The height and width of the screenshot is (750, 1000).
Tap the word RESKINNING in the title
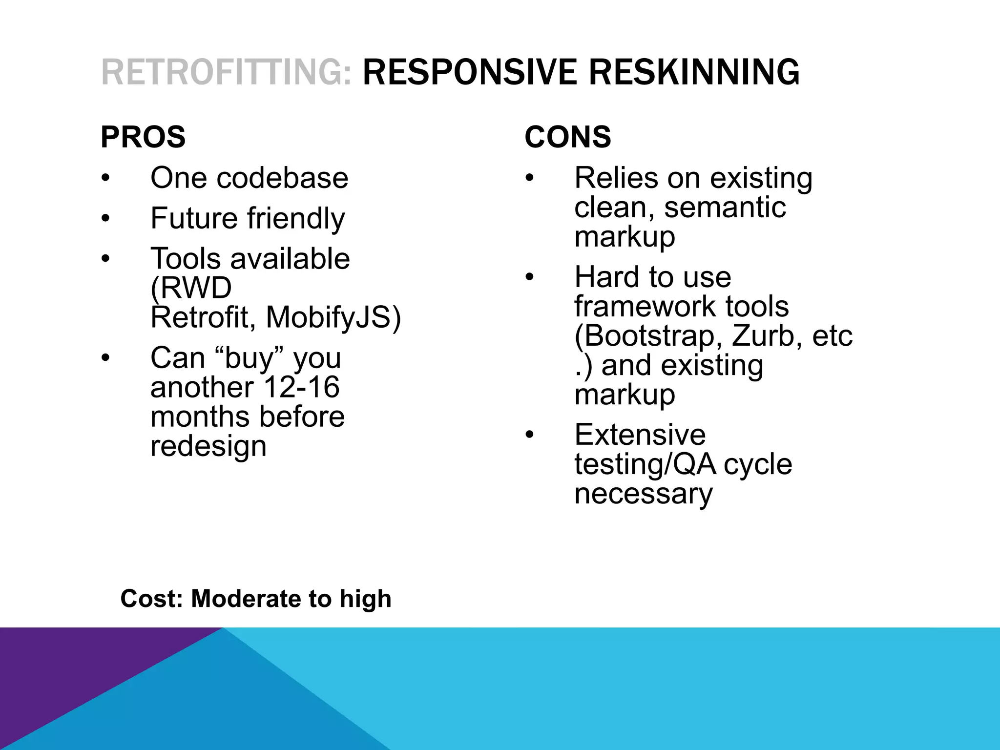(694, 72)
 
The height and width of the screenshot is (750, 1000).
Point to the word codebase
(282, 178)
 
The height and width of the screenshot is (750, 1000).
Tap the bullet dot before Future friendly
(106, 218)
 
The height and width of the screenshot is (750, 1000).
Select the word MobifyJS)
(333, 317)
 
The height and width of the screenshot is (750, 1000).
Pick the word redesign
(208, 446)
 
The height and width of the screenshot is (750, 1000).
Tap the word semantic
(725, 208)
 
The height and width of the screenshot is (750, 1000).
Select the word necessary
(643, 494)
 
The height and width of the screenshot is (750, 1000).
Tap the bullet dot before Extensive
(530, 435)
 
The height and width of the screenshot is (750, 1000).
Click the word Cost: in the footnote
(151, 599)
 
